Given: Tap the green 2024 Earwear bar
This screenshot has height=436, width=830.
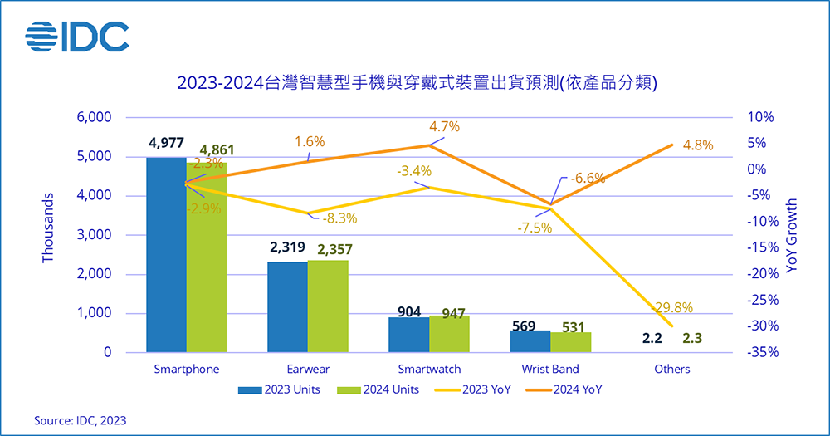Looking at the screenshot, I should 328,306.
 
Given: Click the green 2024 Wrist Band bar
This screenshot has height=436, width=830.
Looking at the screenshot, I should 571,342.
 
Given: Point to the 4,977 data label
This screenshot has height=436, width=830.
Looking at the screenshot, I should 166,143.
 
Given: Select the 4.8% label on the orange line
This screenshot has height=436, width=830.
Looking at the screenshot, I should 698,145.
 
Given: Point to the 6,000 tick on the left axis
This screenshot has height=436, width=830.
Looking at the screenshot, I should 94,117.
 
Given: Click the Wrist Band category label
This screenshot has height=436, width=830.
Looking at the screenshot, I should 551,368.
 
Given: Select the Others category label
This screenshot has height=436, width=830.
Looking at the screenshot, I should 671,368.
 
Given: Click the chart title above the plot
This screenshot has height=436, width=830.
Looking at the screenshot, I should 417,82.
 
